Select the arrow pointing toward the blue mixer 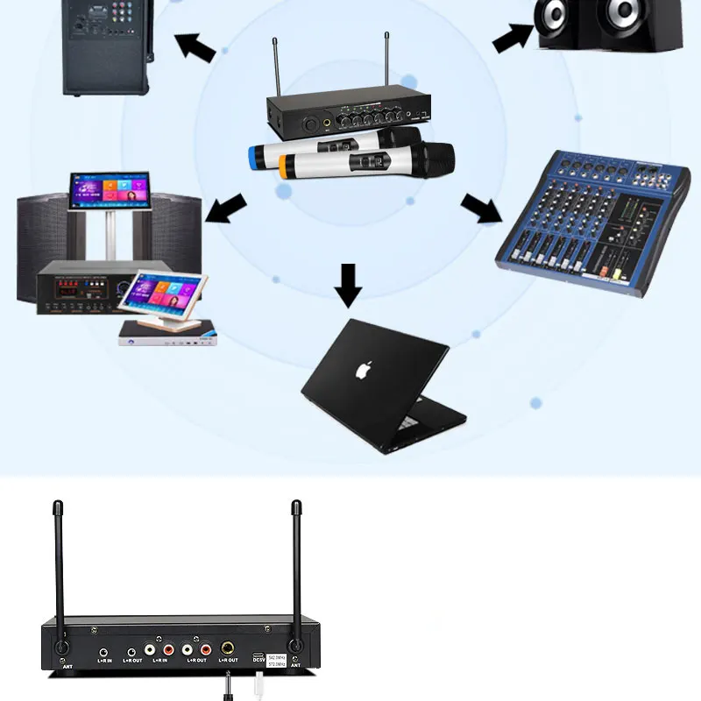click(481, 209)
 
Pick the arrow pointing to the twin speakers click(514, 38)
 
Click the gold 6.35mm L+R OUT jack click(228, 649)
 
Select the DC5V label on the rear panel click(258, 662)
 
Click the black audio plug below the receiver click(228, 683)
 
